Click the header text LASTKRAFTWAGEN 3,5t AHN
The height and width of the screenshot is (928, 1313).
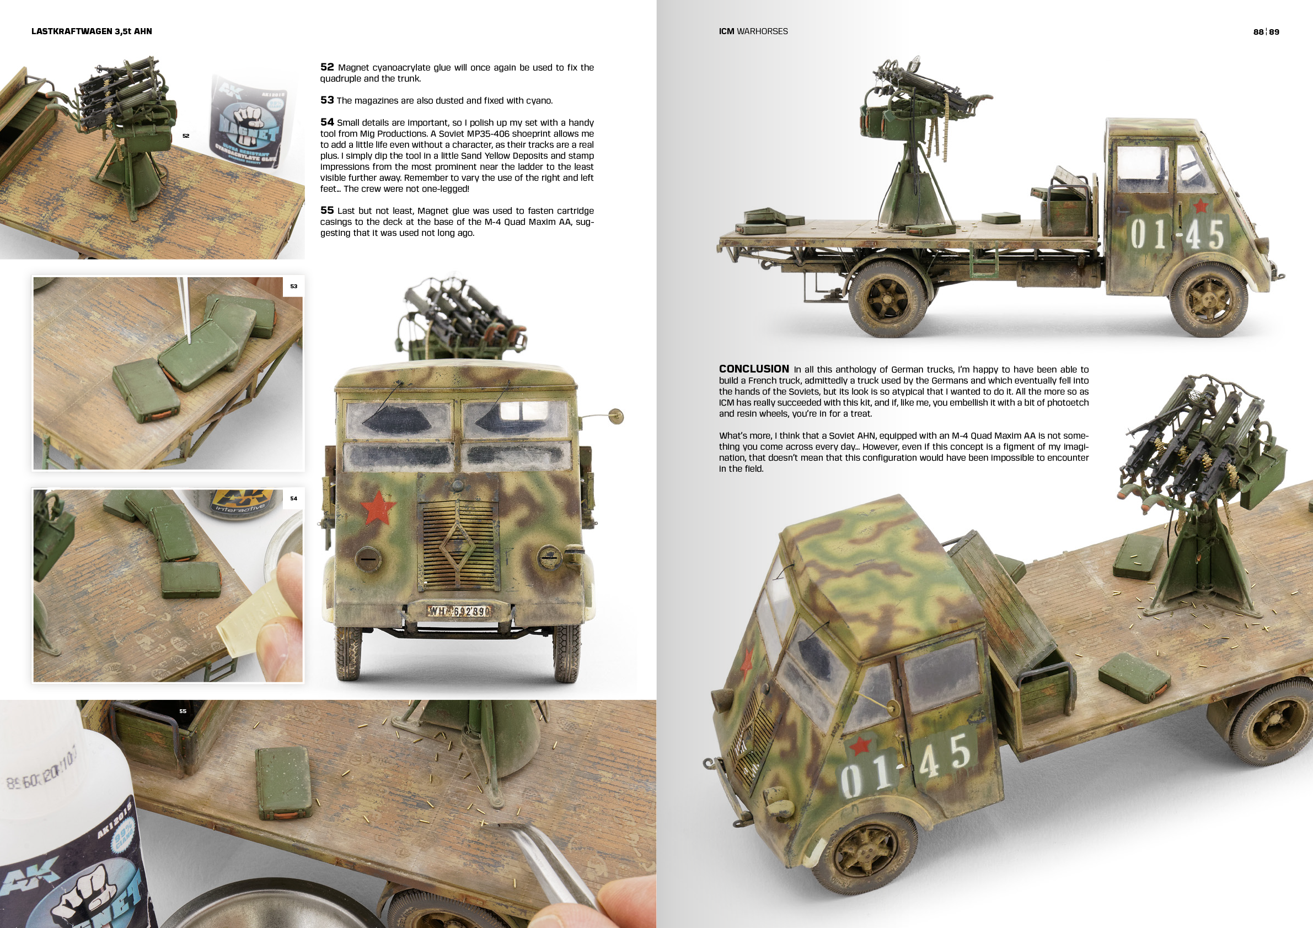92,31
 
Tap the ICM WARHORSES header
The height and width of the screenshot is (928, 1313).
753,31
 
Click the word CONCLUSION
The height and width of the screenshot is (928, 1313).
754,369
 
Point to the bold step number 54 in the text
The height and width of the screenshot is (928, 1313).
326,122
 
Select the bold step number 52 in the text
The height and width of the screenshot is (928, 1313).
326,67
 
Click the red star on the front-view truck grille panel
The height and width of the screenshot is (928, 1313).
378,508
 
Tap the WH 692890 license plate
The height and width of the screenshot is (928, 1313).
459,612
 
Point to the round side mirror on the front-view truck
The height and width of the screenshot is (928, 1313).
615,416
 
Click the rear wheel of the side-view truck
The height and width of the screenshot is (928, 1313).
887,299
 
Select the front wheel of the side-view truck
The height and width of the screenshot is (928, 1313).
1208,300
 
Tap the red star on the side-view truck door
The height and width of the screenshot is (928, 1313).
1201,205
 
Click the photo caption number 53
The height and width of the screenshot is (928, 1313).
293,287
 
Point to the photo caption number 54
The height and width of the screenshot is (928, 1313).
293,498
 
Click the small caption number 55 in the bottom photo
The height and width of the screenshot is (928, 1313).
183,711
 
